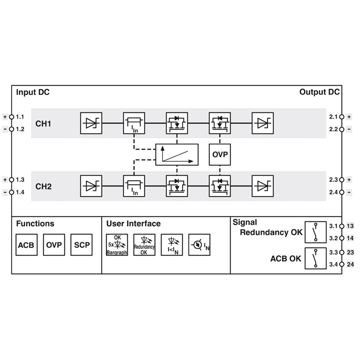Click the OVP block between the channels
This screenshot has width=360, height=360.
click(220, 154)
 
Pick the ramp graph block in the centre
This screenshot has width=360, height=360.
click(177, 154)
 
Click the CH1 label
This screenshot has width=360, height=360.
click(44, 122)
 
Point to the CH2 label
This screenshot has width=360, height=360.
click(44, 185)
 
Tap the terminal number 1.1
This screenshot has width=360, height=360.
click(20, 117)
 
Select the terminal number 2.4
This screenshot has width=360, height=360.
click(333, 192)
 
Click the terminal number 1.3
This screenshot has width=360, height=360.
click(20, 180)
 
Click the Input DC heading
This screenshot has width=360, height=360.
click(33, 93)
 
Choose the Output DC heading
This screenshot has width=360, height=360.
click(319, 93)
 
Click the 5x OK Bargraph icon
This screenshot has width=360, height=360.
click(117, 245)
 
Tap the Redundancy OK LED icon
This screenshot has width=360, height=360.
click(144, 245)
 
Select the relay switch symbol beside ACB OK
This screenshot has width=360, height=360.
click(315, 258)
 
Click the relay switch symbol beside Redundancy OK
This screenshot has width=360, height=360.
click(315, 232)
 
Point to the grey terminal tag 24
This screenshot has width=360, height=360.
click(351, 264)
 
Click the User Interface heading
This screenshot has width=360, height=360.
click(133, 224)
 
